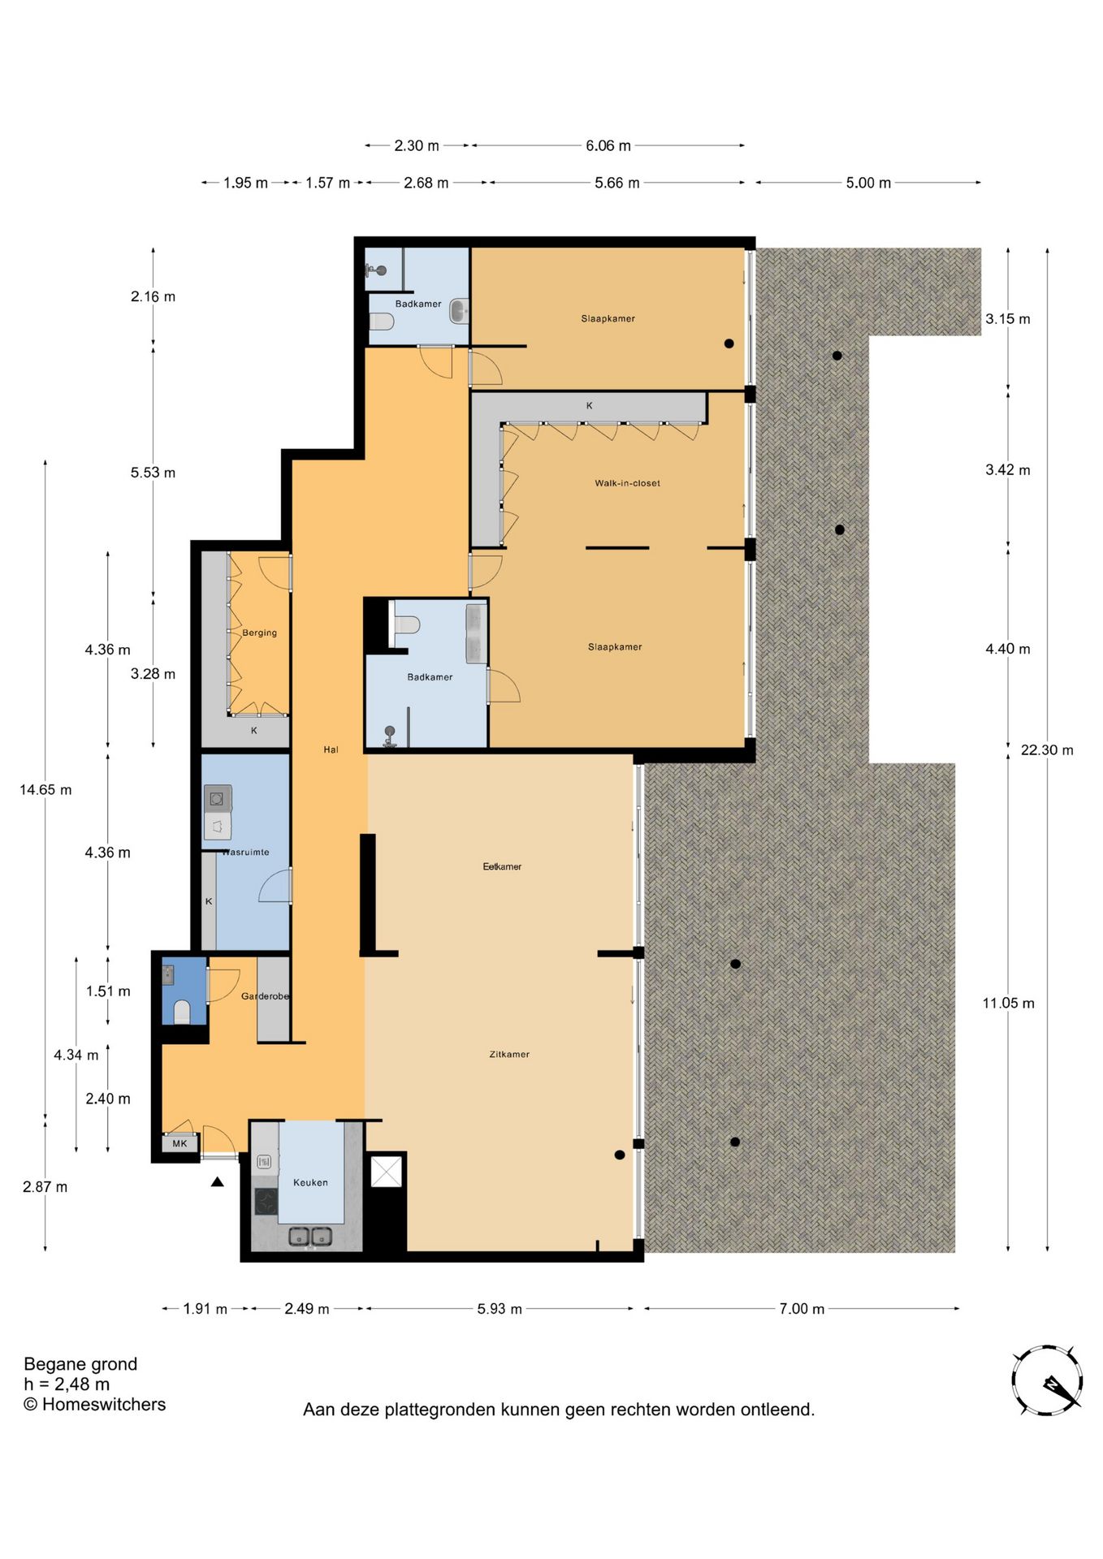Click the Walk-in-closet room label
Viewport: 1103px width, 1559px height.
(627, 483)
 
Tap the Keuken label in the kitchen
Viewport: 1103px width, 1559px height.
(310, 1182)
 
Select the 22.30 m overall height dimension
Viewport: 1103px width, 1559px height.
(1046, 749)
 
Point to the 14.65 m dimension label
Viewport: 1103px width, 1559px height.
(45, 789)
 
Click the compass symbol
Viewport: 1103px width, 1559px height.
(1047, 1380)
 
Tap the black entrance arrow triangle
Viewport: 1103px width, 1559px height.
(217, 1182)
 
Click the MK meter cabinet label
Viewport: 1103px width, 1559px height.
(180, 1143)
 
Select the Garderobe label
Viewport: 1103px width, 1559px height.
(265, 995)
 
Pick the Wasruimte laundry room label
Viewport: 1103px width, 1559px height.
(245, 852)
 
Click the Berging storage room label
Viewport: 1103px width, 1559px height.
(259, 633)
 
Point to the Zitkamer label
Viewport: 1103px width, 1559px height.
(509, 1054)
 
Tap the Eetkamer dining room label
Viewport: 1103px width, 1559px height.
(502, 866)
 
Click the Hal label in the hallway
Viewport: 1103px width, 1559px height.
(331, 749)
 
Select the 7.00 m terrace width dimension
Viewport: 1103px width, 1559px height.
(802, 1308)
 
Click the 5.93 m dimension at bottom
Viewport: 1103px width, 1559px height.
(499, 1308)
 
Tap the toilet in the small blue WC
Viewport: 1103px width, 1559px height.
(182, 1011)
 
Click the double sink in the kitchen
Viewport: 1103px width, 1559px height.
(310, 1237)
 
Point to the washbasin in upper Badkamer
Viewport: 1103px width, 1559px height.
(459, 310)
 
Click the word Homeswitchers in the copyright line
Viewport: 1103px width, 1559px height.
(103, 1404)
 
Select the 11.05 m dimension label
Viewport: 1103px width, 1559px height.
(1008, 1003)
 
